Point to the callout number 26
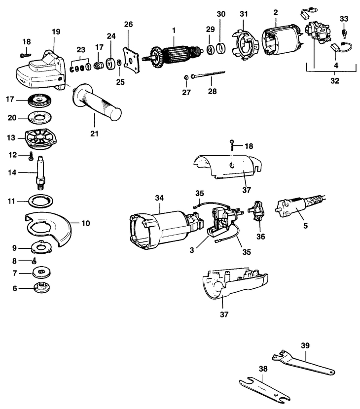pyautogui.click(x=128, y=25)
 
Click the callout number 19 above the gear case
pyautogui.click(x=56, y=32)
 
